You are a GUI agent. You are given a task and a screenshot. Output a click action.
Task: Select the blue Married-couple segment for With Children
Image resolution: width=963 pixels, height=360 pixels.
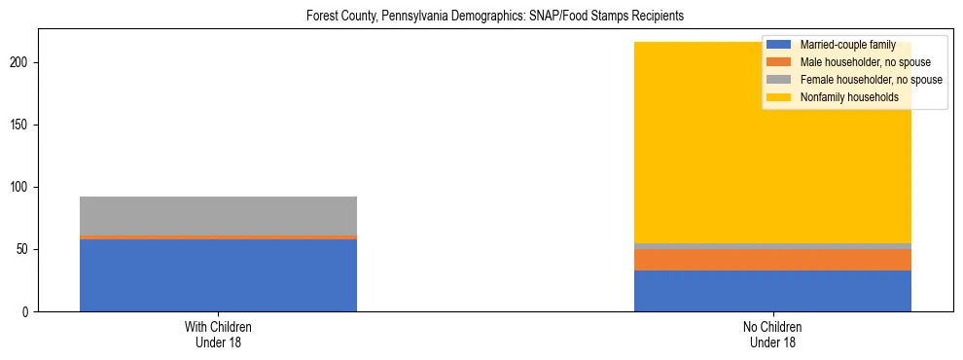click(218, 275)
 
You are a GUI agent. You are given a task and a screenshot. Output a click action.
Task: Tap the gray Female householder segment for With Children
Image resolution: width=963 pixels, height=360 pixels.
click(218, 216)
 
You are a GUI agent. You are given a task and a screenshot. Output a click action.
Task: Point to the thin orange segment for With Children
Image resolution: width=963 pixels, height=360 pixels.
click(218, 237)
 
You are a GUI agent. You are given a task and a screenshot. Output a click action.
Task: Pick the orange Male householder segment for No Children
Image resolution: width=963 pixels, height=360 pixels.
click(772, 260)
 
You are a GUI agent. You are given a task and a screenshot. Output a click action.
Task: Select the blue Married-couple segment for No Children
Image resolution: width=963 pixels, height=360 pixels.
click(772, 291)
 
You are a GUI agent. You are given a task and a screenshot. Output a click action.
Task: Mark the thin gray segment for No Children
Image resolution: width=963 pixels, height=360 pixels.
click(772, 246)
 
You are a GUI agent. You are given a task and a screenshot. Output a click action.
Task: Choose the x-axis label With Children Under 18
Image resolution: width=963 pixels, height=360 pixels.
click(218, 335)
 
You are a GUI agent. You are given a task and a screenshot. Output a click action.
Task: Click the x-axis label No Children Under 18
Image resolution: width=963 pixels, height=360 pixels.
click(772, 335)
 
